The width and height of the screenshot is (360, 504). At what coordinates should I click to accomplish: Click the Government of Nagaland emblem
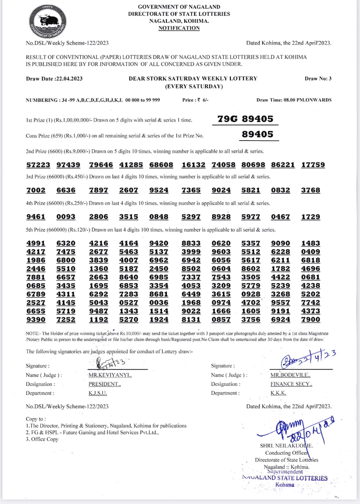pos(48,22)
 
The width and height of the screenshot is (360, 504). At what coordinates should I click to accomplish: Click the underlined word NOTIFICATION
pos(179,28)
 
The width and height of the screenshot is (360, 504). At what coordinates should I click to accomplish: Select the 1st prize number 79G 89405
pos(245,119)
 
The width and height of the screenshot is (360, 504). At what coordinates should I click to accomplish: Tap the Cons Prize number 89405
pos(258,134)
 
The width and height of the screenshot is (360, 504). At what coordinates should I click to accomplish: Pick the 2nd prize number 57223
pos(38,165)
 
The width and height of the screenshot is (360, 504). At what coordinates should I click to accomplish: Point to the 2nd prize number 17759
pos(313,165)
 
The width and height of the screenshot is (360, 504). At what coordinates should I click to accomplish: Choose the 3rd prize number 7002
pos(36,190)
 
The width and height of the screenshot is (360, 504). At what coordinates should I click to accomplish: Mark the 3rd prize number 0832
pos(280,190)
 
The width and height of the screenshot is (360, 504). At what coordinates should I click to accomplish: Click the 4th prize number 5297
pos(191,217)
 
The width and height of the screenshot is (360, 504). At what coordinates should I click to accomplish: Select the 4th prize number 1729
pos(310,217)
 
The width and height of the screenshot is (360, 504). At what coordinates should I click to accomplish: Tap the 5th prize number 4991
pos(36,243)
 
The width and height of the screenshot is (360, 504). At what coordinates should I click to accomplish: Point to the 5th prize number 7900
pos(310,320)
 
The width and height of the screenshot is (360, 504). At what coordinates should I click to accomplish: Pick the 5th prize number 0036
pos(159,303)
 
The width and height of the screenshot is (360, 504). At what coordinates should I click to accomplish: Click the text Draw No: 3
pos(318,78)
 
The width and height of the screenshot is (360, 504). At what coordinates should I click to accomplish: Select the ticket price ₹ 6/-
pos(203,100)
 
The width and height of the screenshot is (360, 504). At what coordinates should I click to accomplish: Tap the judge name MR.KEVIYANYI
pos(110,375)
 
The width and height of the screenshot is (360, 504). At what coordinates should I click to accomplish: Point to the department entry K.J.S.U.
pos(98,393)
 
